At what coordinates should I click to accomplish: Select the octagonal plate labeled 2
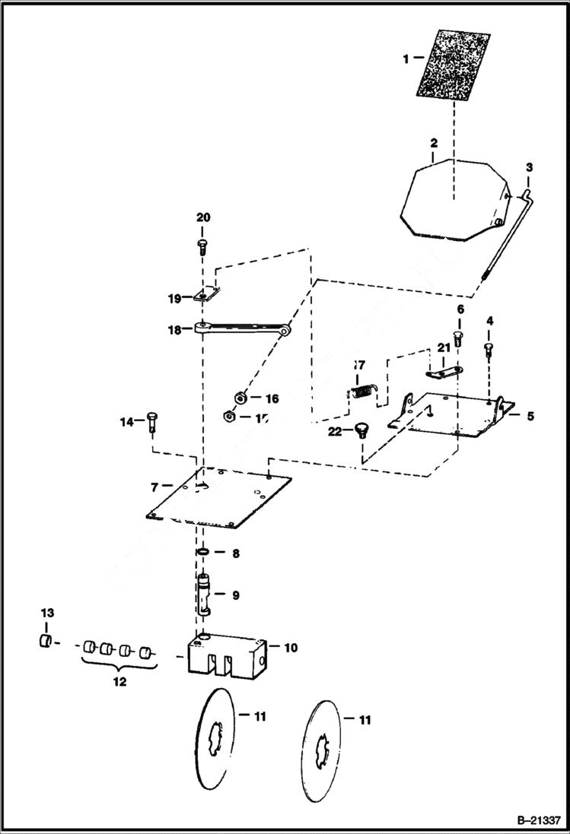click(453, 200)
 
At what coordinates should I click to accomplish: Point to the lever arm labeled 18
click(244, 328)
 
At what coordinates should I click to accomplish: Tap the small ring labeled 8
click(203, 553)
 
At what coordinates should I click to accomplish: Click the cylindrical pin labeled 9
click(204, 594)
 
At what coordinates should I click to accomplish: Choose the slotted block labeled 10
click(227, 653)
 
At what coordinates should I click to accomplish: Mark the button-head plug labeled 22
click(360, 432)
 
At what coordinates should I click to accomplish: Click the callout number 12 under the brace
click(119, 682)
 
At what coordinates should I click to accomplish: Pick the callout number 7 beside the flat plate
click(154, 485)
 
